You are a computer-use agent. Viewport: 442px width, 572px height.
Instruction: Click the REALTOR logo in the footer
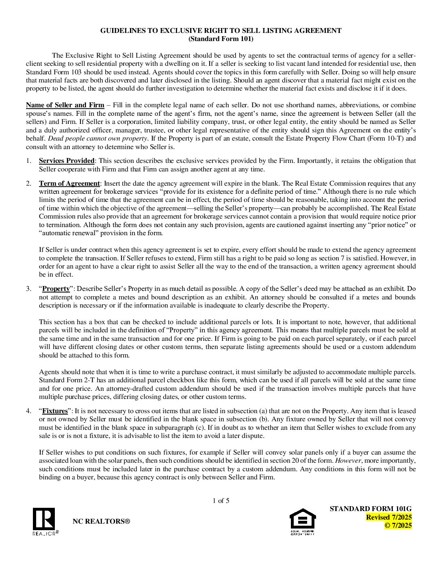(45, 521)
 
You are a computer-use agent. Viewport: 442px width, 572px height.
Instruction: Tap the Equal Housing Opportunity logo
(302, 521)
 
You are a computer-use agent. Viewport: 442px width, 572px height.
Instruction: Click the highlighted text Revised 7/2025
(388, 517)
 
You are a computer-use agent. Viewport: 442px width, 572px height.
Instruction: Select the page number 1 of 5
(221, 500)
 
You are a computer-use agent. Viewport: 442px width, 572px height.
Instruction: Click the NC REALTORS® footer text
(101, 521)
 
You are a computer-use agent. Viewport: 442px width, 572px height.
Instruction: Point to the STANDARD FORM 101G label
(370, 509)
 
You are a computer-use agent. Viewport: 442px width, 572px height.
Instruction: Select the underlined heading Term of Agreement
(69, 184)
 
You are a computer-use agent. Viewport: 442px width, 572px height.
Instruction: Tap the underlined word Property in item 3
(56, 289)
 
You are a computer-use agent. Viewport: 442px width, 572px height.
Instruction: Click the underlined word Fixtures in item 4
(55, 411)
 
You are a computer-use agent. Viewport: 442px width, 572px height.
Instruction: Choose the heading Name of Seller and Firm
(65, 105)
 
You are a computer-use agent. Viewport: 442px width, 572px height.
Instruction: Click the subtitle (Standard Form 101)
(221, 39)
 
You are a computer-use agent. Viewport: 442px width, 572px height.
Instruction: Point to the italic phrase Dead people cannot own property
(97, 139)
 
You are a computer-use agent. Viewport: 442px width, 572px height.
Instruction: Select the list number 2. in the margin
(29, 184)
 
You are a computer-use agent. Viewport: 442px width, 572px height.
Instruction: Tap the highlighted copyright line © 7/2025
(398, 525)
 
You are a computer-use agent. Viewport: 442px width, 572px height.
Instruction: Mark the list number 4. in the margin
(29, 411)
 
